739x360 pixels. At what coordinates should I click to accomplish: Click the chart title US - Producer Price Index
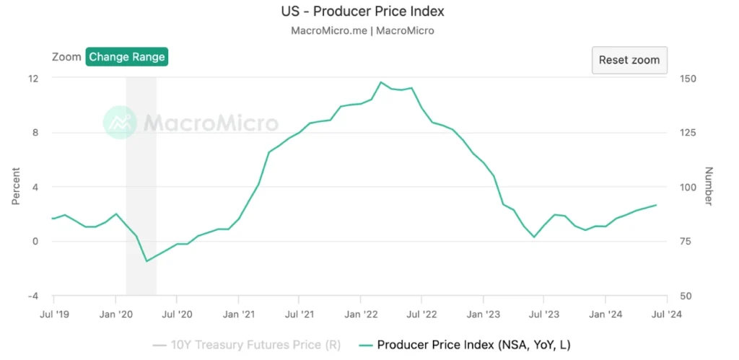click(x=362, y=12)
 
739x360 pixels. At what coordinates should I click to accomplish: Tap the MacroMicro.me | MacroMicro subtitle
click(x=362, y=30)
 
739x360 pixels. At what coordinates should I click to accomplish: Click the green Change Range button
click(x=127, y=57)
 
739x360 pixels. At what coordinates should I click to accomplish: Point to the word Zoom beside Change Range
click(x=66, y=57)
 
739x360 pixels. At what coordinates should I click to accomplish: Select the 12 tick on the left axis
click(x=33, y=78)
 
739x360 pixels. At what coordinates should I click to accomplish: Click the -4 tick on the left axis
click(x=32, y=296)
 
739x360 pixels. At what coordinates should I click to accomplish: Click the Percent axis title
click(x=15, y=187)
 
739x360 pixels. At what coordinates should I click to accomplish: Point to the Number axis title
click(x=709, y=187)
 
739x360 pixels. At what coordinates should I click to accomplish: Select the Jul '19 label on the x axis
click(x=53, y=314)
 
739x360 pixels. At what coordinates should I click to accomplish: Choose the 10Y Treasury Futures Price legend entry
click(x=247, y=344)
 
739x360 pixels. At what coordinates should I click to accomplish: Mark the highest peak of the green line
click(x=381, y=82)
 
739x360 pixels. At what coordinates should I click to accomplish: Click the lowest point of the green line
click(x=147, y=261)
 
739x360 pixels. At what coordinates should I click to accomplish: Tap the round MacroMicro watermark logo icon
click(x=119, y=123)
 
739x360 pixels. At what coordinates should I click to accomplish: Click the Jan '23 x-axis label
click(x=484, y=314)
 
